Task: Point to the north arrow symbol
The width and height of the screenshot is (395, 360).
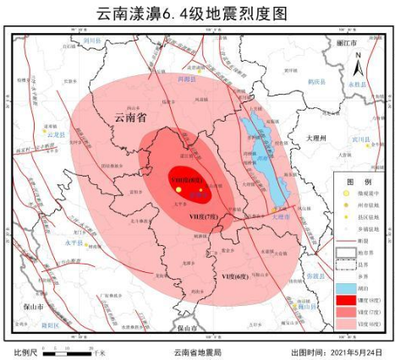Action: [358, 62]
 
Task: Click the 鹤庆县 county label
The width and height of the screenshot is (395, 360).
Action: [316, 82]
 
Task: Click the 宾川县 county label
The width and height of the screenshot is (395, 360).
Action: [360, 139]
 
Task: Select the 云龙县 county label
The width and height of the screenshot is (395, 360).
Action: [56, 134]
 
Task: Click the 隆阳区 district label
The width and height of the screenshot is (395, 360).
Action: [50, 324]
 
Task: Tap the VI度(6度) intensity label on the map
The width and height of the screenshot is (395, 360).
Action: [234, 276]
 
